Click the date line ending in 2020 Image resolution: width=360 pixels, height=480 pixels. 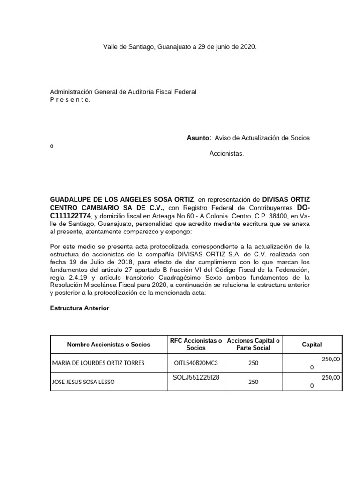point(180,47)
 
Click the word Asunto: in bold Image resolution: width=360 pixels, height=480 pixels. point(199,138)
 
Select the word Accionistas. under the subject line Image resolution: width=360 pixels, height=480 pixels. point(226,153)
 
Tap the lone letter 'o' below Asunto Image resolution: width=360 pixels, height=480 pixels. point(52,146)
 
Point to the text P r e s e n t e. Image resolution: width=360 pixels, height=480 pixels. point(70,100)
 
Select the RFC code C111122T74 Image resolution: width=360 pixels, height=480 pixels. point(70,215)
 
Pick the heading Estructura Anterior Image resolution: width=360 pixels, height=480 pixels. point(79,308)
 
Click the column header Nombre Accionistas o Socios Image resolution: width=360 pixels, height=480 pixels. point(109,345)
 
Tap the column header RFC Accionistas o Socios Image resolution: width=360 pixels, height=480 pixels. point(195,345)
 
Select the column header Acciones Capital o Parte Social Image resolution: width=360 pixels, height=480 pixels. point(253,345)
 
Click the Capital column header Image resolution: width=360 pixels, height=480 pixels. point(312,345)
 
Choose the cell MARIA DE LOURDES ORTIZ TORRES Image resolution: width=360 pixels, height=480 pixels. point(98,363)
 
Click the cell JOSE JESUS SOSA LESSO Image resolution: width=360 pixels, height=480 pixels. point(83,382)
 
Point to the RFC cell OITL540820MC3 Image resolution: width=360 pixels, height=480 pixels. point(195,363)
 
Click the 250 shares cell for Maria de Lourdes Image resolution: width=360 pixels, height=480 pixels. point(253,363)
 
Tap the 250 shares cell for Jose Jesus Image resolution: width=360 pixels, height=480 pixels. point(253,382)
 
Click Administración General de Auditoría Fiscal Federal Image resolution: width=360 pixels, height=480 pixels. point(123,92)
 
